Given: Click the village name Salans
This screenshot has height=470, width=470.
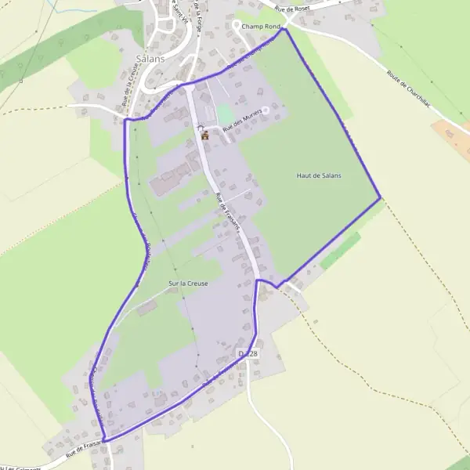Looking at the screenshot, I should pyautogui.click(x=150, y=59).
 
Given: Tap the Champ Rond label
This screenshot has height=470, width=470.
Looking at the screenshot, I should pyautogui.click(x=261, y=27).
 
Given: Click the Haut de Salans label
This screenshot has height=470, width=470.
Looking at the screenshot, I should pyautogui.click(x=319, y=175).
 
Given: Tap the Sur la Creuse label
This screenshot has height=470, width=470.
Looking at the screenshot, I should pyautogui.click(x=188, y=284).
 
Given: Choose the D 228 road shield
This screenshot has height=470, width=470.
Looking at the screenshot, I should pyautogui.click(x=248, y=354).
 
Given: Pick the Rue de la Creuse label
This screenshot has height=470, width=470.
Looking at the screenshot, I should pyautogui.click(x=130, y=86).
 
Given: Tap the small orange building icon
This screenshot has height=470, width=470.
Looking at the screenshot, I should pyautogui.click(x=205, y=135).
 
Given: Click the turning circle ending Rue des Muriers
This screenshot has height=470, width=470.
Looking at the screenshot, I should pyautogui.click(x=265, y=110).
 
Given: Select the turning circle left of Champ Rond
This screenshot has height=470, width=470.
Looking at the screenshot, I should pyautogui.click(x=236, y=25).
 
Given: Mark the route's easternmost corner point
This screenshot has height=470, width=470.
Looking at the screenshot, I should pyautogui.click(x=381, y=198).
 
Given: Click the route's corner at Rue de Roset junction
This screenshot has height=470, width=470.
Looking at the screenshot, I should pyautogui.click(x=284, y=30).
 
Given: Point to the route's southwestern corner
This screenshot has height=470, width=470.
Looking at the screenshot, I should pyautogui.click(x=104, y=440).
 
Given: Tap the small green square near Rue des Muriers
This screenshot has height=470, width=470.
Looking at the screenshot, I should pyautogui.click(x=225, y=113).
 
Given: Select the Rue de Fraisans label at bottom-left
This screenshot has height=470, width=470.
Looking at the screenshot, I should pyautogui.click(x=85, y=449).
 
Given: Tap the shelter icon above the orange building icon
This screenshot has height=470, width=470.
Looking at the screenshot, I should pyautogui.click(x=201, y=127).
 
